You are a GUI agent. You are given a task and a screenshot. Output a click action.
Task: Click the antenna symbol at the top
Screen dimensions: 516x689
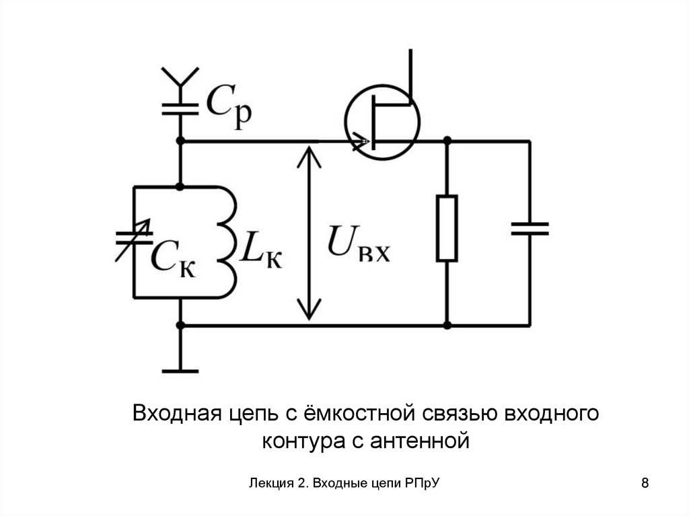(180, 77)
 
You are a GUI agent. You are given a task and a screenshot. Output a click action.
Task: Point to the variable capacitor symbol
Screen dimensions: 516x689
(135, 241)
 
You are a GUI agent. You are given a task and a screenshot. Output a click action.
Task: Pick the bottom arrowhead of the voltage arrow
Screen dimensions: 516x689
(309, 312)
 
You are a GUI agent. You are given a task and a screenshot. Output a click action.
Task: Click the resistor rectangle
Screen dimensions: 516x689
(447, 228)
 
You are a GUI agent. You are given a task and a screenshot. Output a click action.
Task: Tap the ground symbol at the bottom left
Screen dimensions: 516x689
(180, 369)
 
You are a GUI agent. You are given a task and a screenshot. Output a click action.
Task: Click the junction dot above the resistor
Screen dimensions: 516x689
(447, 141)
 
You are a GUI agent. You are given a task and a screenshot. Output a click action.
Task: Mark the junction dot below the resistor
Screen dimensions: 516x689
(447, 326)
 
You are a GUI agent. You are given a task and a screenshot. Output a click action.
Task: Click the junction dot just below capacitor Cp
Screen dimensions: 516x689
(180, 141)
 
